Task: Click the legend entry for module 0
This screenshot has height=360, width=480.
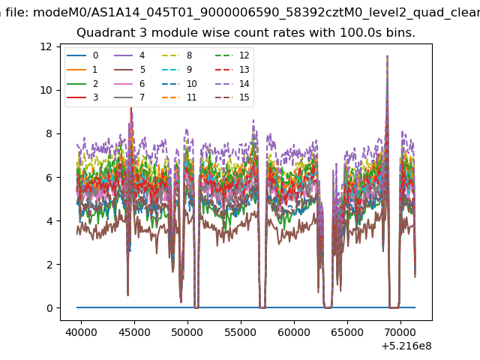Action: pyautogui.click(x=82, y=55)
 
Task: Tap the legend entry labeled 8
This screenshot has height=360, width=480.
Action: pyautogui.click(x=177, y=55)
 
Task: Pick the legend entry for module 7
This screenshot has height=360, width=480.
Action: pyautogui.click(x=130, y=97)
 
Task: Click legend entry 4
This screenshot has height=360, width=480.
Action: pyautogui.click(x=130, y=55)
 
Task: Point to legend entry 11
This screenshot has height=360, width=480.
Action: pyautogui.click(x=179, y=97)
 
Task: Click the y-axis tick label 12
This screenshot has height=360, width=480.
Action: pyautogui.click(x=46, y=46)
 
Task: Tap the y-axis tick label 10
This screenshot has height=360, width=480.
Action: pyautogui.click(x=46, y=90)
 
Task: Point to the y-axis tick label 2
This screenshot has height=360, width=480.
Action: pyautogui.click(x=49, y=265)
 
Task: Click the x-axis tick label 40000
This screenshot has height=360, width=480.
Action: pyautogui.click(x=82, y=332)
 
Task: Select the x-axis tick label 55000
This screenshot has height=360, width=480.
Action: pyautogui.click(x=241, y=332)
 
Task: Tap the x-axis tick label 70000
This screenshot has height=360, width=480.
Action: pyautogui.click(x=400, y=332)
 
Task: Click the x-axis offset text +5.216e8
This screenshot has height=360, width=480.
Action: pyautogui.click(x=406, y=346)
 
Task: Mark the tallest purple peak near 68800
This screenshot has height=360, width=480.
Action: pyautogui.click(x=388, y=56)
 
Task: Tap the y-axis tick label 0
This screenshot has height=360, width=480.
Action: pyautogui.click(x=49, y=308)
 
